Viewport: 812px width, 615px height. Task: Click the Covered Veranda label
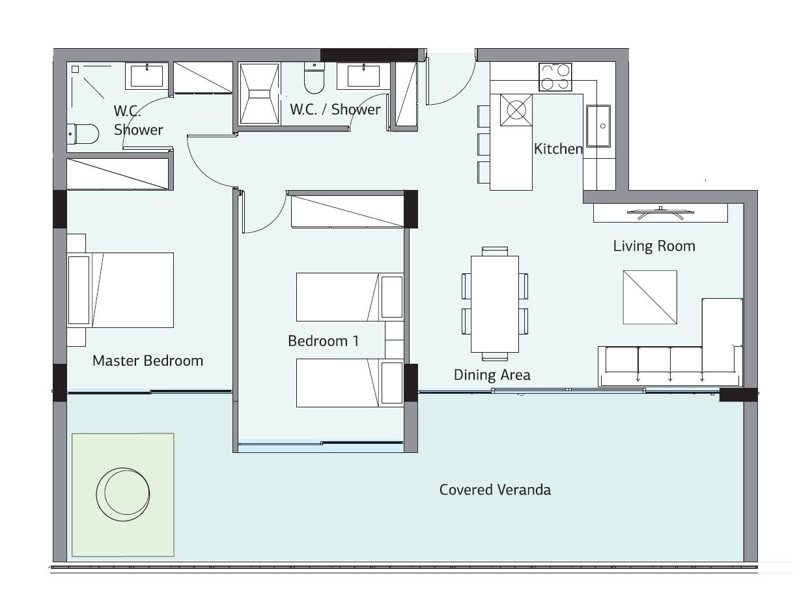pos(495,489)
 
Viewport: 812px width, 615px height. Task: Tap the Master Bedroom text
pos(148,361)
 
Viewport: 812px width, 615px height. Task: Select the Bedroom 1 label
pos(324,341)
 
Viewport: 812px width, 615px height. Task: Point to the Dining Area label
pos(492,375)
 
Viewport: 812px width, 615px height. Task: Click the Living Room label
pos(654,246)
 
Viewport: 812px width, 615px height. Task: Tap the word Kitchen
pos(558,148)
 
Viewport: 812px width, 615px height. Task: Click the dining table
pos(495,304)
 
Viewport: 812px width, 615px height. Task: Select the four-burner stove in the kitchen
pos(555,77)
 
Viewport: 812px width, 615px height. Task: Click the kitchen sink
pos(598,126)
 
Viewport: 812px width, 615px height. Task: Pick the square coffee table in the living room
pos(650,297)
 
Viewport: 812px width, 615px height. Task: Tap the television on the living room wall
pos(660,213)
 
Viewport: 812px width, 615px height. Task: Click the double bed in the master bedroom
pos(120,290)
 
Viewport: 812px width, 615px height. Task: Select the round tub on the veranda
pos(123,494)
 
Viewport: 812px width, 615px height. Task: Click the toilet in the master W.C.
pos(83,134)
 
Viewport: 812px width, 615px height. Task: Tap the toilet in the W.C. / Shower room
pos(314,78)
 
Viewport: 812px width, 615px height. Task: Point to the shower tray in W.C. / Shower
pos(259,94)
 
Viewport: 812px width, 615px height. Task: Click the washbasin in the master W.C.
pos(147,76)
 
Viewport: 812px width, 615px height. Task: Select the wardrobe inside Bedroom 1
pos(347,212)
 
